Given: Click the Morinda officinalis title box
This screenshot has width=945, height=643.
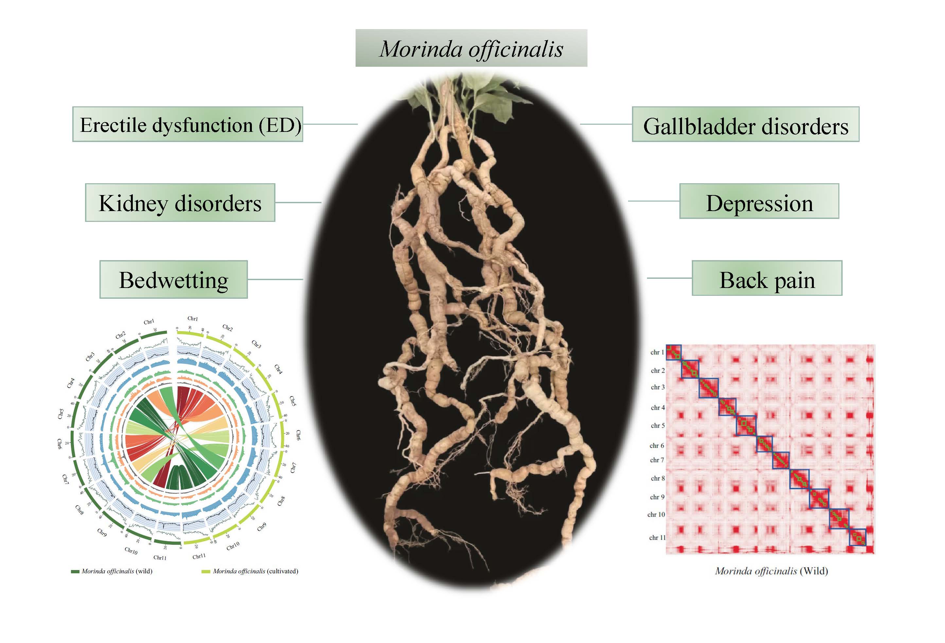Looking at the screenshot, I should pyautogui.click(x=471, y=48).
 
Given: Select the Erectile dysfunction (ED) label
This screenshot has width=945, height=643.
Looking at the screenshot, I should pyautogui.click(x=187, y=124).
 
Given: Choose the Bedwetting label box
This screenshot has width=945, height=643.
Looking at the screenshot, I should pyautogui.click(x=174, y=280).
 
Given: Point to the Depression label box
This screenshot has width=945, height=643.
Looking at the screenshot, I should pyautogui.click(x=759, y=201).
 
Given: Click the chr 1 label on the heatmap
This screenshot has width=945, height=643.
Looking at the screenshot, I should pyautogui.click(x=657, y=352).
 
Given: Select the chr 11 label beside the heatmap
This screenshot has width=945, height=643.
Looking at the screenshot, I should pyautogui.click(x=657, y=538).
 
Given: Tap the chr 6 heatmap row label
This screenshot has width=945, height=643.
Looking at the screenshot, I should pyautogui.click(x=657, y=446).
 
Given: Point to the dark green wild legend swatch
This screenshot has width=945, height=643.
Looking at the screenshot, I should pyautogui.click(x=75, y=571).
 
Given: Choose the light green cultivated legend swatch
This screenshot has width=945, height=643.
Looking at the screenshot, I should pyautogui.click(x=206, y=571).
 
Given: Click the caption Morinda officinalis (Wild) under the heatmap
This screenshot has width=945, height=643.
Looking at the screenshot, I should pyautogui.click(x=771, y=571).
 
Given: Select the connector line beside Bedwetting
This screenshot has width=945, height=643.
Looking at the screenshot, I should pyautogui.click(x=275, y=279).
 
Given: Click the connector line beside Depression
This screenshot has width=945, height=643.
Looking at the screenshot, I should pyautogui.click(x=654, y=201).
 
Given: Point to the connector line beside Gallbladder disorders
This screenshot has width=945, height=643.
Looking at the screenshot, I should pyautogui.click(x=605, y=124).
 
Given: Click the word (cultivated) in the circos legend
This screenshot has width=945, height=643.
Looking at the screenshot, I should pyautogui.click(x=283, y=571).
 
